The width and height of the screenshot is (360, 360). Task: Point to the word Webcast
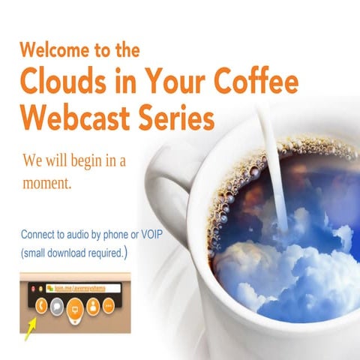click(69, 118)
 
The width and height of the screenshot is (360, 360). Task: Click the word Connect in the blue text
click(41, 235)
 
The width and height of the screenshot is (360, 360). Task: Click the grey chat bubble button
click(57, 305)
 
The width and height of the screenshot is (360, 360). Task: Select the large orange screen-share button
click(75, 307)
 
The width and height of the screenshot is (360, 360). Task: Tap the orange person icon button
click(94, 305)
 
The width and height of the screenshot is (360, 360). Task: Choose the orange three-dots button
click(109, 305)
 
